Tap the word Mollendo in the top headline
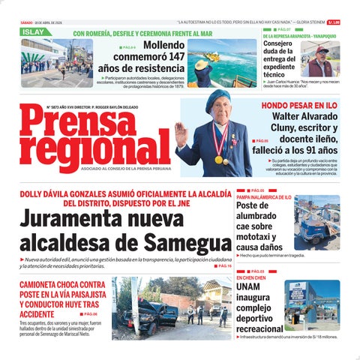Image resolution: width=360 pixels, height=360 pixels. tap(165, 45)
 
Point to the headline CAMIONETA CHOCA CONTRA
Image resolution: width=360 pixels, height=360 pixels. tap(61, 285)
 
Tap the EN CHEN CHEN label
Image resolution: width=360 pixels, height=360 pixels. tap(250, 277)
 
